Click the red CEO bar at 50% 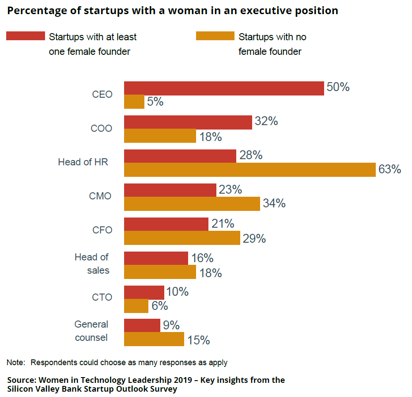pos(224,88)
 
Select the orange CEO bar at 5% pos(134,102)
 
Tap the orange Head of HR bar pos(249,170)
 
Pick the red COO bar pos(188,122)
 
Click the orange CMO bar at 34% pos(192,203)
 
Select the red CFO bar pos(166,224)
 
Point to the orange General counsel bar pos(154,339)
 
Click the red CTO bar pos(144,292)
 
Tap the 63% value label pos(389,169)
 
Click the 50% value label pos(338,87)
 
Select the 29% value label pos(254,239)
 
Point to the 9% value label pos(171,325)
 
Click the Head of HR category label pos(83,162)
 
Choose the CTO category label pos(102,297)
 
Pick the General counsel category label pos(91,331)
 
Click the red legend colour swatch pos(25,36)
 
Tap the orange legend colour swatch pos(215,36)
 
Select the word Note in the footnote pos(15,363)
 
